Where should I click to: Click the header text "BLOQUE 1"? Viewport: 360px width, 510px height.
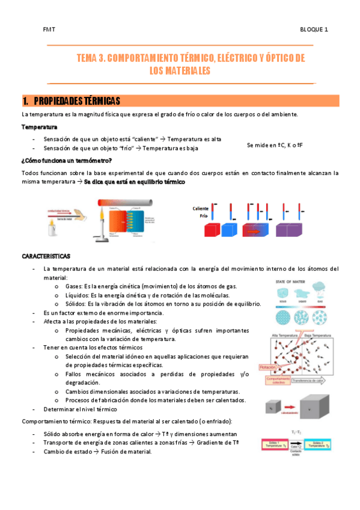coord(314,29)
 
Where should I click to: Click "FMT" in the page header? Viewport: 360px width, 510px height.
coord(49,29)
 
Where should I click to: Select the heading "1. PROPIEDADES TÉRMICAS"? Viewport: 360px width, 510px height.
coord(72,100)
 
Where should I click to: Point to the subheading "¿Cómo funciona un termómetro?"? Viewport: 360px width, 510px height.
coord(66,160)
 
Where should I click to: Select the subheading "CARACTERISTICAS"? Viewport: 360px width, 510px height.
coord(46,256)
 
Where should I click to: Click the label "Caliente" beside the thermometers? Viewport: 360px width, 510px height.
coord(200,209)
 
